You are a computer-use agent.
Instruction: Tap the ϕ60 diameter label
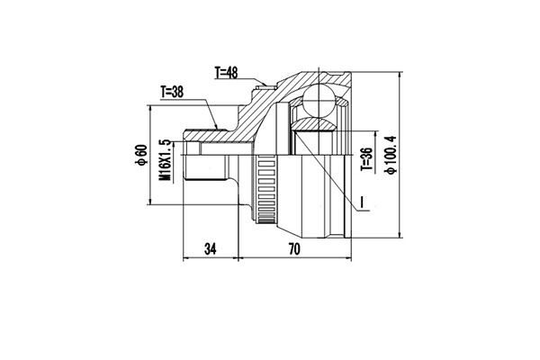coord(142,157)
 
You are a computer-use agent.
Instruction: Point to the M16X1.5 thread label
coord(165,160)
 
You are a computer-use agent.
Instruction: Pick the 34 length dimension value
coord(211,249)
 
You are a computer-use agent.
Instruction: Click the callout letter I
coord(361,201)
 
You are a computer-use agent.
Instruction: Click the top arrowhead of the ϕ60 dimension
coord(149,107)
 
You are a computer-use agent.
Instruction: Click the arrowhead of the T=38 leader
coord(216,125)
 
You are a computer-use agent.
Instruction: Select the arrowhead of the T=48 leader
coord(266,88)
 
